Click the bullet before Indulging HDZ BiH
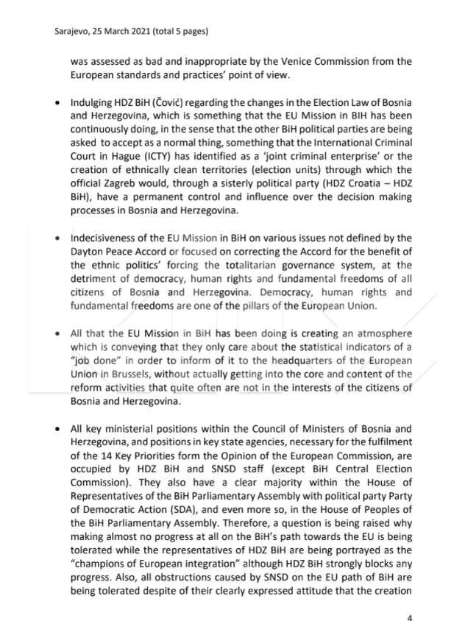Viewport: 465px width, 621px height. (57, 103)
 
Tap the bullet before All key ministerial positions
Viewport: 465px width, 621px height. (57, 428)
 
